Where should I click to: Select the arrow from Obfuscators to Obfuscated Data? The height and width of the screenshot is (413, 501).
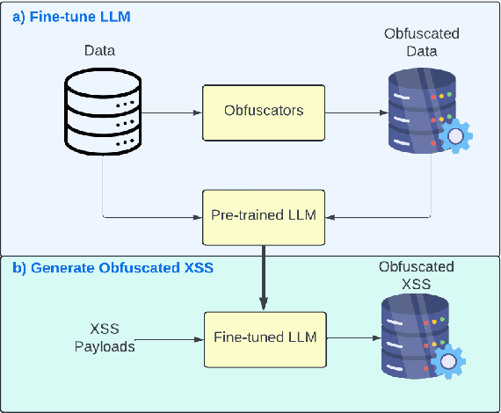355,112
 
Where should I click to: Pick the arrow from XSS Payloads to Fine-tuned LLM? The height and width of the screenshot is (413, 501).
171,337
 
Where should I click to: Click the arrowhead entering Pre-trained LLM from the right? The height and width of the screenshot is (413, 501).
335,215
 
